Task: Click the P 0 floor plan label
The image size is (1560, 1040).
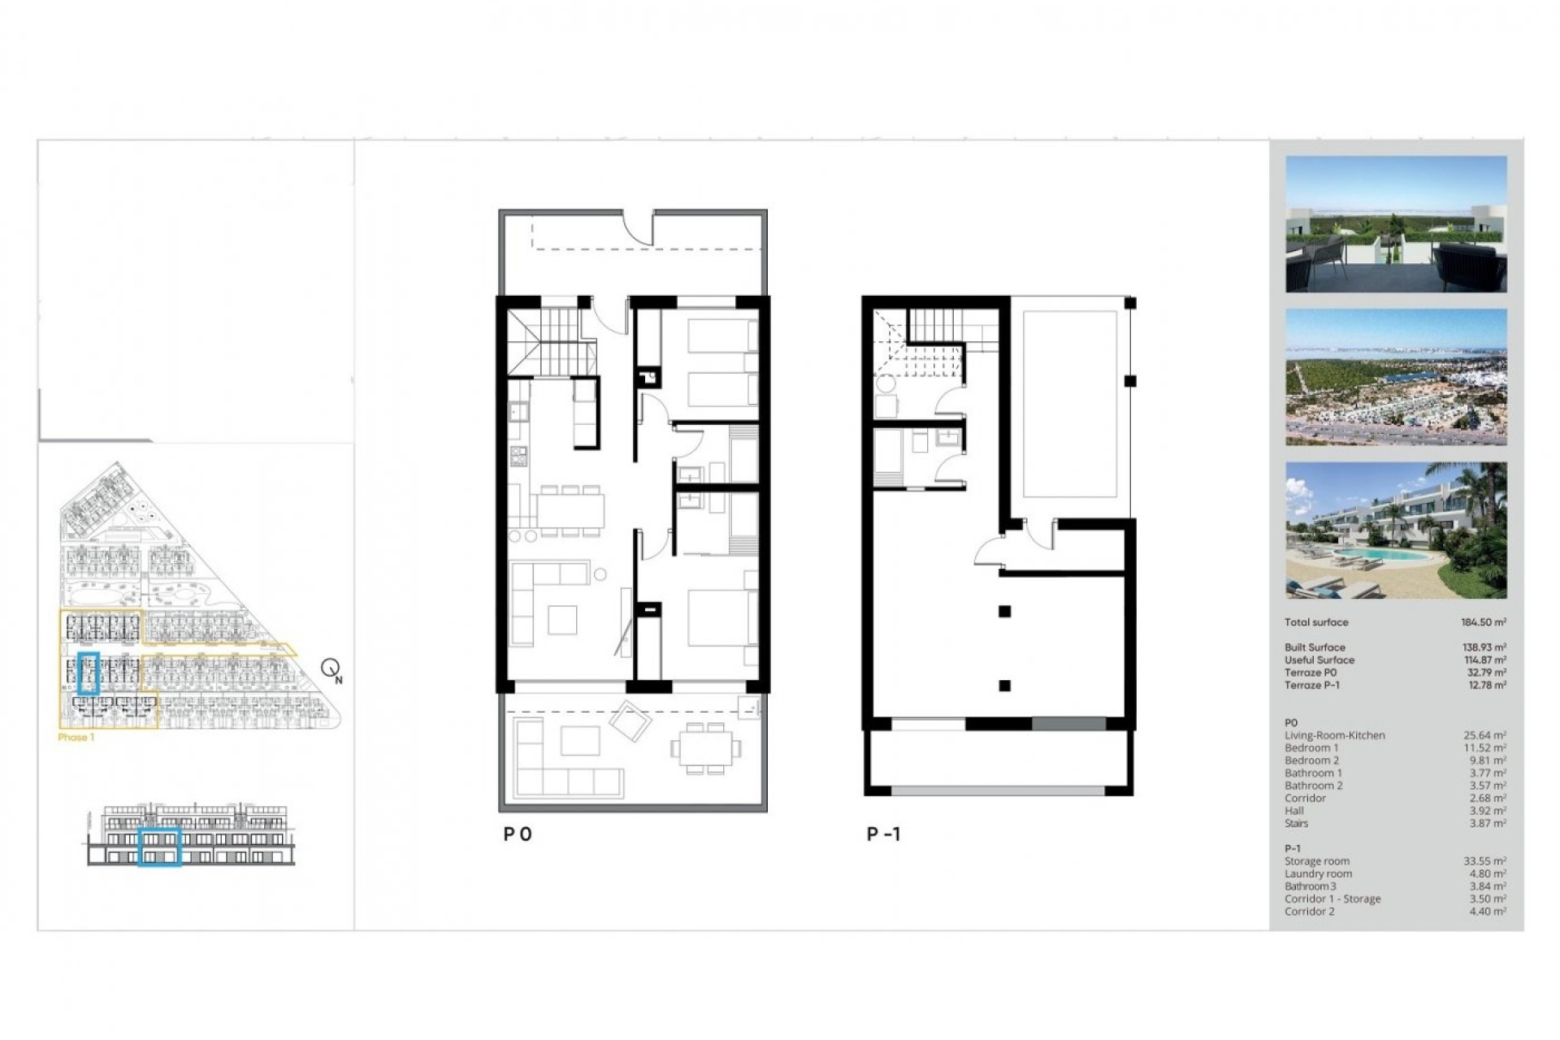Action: [x=518, y=834]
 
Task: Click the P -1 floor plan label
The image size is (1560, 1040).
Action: [x=883, y=834]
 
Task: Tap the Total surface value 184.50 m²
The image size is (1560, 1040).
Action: [x=1483, y=622]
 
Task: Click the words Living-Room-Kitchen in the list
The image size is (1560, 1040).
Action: [x=1334, y=735]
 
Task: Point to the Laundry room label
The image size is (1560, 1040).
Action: [x=1318, y=874]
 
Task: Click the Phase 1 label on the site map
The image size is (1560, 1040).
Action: [x=76, y=738]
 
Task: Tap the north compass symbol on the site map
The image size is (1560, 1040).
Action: [x=331, y=669]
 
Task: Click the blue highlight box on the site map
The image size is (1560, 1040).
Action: [x=89, y=673]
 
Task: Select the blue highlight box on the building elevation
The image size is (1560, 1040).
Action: [x=159, y=847]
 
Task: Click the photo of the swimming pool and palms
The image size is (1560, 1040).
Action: [x=1396, y=531]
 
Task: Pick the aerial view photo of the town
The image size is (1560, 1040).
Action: [x=1396, y=377]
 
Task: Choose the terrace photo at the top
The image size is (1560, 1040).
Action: [x=1396, y=224]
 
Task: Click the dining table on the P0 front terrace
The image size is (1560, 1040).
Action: [x=705, y=747]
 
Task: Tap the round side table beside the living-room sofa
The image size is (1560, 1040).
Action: [x=600, y=574]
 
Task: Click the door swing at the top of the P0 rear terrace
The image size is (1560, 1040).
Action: [x=639, y=228]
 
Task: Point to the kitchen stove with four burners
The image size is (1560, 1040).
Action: [x=518, y=457]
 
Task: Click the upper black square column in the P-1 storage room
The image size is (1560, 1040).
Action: [x=1005, y=611]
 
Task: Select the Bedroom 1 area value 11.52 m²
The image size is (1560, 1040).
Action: [x=1487, y=748]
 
